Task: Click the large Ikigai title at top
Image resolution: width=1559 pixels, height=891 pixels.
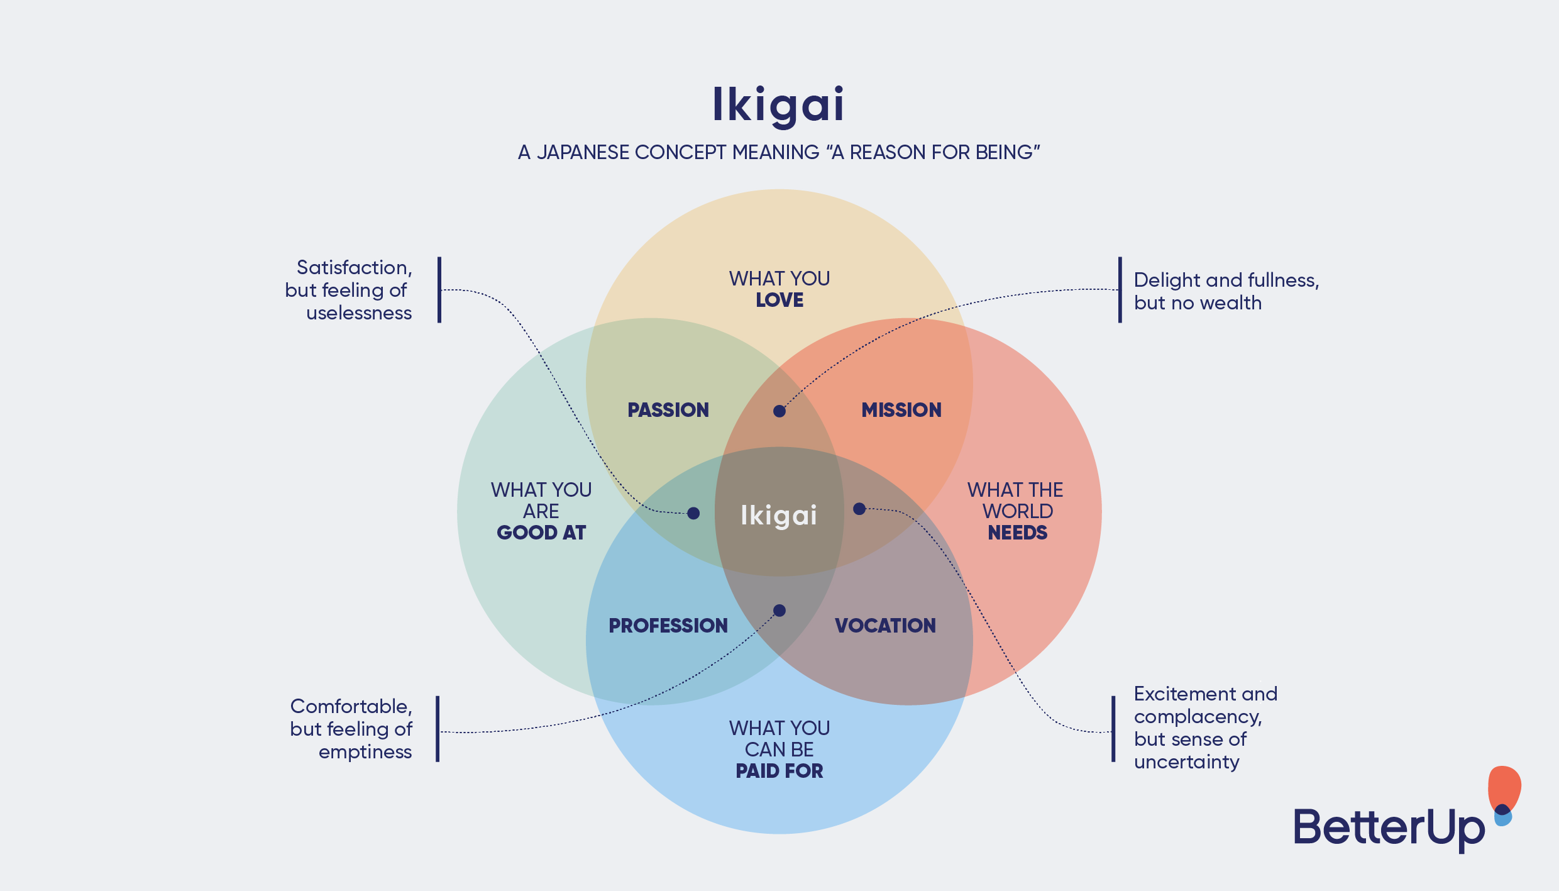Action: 778,105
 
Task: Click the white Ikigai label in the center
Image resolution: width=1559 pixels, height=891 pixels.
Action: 779,516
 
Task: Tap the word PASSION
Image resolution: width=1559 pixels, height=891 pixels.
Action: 668,410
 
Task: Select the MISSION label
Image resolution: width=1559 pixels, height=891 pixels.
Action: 901,410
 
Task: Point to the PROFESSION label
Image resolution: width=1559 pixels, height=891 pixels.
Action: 668,626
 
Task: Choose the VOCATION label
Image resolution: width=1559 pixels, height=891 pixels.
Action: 885,626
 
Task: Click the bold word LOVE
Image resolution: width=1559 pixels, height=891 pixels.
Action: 779,300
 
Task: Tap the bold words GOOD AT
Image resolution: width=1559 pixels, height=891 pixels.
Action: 541,533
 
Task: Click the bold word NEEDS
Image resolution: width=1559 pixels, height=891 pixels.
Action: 1017,533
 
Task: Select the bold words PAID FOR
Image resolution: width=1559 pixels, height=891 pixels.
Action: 779,771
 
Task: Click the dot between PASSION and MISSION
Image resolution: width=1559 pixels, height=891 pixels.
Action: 779,411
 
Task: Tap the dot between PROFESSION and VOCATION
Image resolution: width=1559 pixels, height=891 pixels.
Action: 779,611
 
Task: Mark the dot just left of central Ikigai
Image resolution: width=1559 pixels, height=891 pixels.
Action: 693,514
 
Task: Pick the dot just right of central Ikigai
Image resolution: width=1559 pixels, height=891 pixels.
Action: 859,509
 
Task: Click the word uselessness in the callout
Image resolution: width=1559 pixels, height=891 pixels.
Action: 359,313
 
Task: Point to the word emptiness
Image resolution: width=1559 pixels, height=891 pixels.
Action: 365,752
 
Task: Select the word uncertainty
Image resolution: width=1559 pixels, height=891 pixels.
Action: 1187,762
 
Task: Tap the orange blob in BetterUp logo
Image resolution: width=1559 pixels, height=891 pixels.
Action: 1504,786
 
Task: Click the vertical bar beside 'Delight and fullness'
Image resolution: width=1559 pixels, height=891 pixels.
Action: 1120,290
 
